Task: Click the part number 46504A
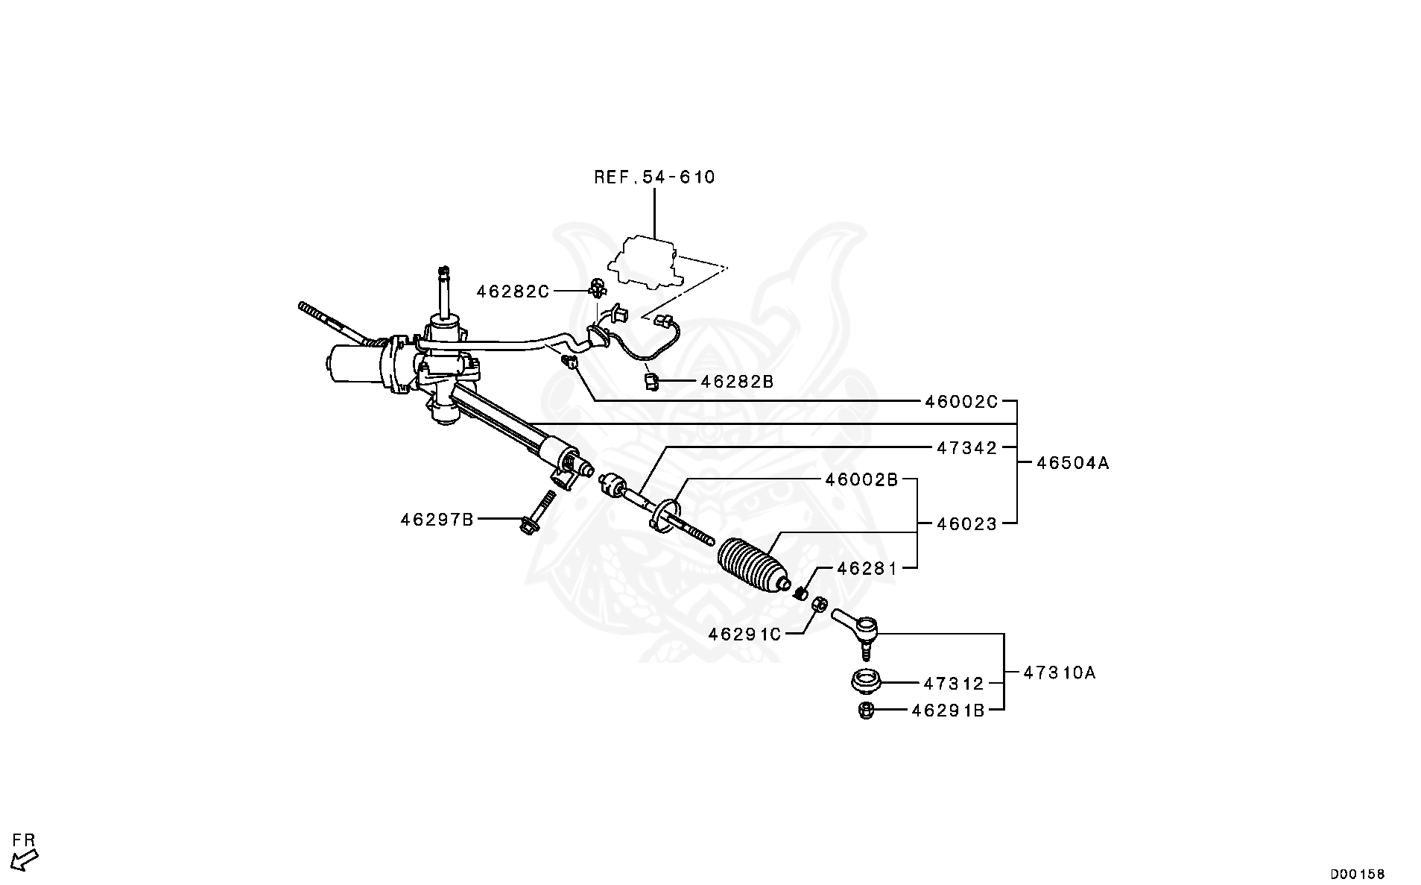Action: pyautogui.click(x=1072, y=463)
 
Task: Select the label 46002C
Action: pyautogui.click(x=960, y=402)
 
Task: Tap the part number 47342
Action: pyautogui.click(x=966, y=448)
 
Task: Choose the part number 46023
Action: pyautogui.click(x=966, y=524)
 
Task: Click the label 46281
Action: pyautogui.click(x=867, y=569)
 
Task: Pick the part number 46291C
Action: pyautogui.click(x=744, y=634)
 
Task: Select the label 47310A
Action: pyautogui.click(x=1059, y=673)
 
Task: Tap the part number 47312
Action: pyautogui.click(x=954, y=684)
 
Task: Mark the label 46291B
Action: pyautogui.click(x=948, y=711)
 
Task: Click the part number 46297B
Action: pyautogui.click(x=437, y=520)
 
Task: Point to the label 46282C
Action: pyautogui.click(x=513, y=292)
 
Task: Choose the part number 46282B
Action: pyautogui.click(x=737, y=382)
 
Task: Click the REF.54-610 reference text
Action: pyautogui.click(x=654, y=177)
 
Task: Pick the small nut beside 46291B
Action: pyautogui.click(x=865, y=711)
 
